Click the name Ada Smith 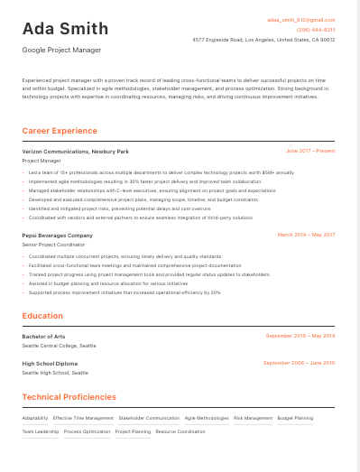tap(65, 29)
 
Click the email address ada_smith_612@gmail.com tap(300, 19)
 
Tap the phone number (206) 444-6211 tap(315, 30)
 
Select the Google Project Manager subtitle tap(61, 51)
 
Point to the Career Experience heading tap(60, 131)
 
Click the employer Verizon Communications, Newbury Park tap(75, 152)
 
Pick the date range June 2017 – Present tap(309, 152)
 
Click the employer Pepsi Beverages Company tap(57, 235)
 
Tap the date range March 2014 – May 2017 tap(306, 235)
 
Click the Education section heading tap(42, 316)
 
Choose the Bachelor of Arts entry tap(43, 336)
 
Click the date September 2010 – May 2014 tap(300, 336)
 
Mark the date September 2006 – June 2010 tap(299, 363)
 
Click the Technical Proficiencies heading tap(69, 397)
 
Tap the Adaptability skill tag tap(35, 418)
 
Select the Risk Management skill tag tap(253, 418)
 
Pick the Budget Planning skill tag tap(295, 418)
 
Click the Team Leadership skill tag tap(41, 431)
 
